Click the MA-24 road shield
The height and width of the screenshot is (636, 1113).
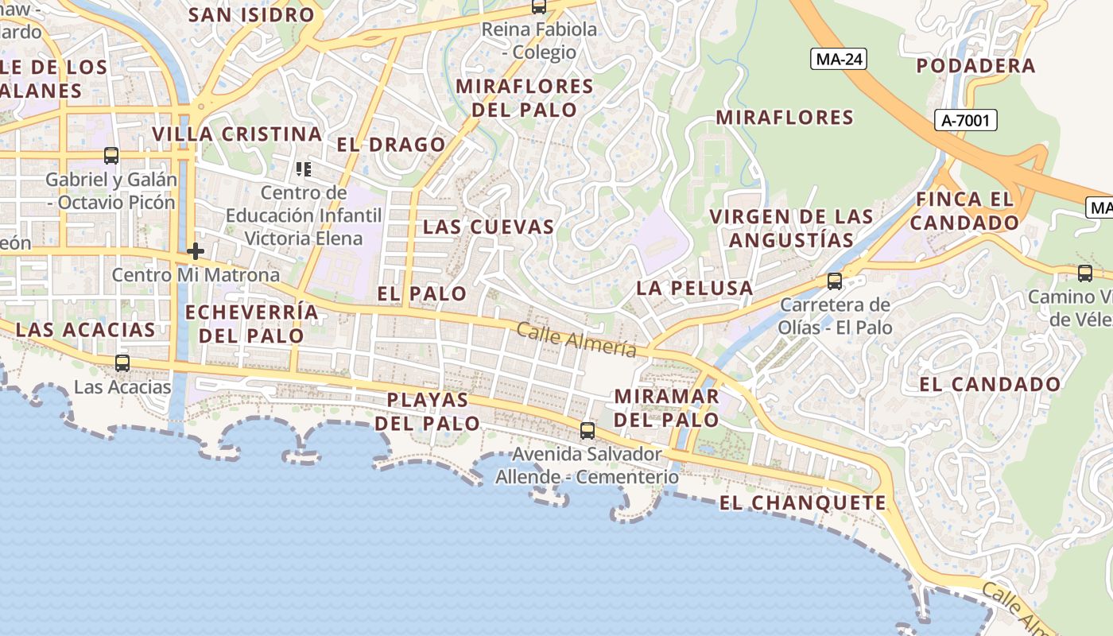pyautogui.click(x=839, y=59)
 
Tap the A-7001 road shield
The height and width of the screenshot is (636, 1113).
pyautogui.click(x=966, y=121)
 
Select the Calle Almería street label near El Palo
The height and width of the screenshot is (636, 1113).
pyautogui.click(x=576, y=339)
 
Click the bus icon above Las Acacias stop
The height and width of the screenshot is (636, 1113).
pyautogui.click(x=122, y=363)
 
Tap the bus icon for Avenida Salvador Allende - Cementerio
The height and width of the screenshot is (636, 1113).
pyautogui.click(x=588, y=431)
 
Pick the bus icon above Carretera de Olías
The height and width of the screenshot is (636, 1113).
pyautogui.click(x=834, y=281)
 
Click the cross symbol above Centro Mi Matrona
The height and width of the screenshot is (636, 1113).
pyautogui.click(x=196, y=252)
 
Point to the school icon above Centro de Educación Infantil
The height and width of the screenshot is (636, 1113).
pyautogui.click(x=303, y=169)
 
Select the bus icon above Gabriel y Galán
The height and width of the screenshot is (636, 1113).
pyautogui.click(x=111, y=156)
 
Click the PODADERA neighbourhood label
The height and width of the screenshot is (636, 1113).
pyautogui.click(x=976, y=66)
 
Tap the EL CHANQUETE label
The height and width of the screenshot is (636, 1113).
pyautogui.click(x=803, y=502)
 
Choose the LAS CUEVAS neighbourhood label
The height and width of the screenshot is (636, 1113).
pyautogui.click(x=488, y=227)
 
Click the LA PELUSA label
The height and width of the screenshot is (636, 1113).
pyautogui.click(x=694, y=288)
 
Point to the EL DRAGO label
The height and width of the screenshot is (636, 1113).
pyautogui.click(x=391, y=145)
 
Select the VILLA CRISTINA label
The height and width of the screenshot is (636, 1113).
pyautogui.click(x=237, y=134)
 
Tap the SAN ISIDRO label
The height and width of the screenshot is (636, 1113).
pyautogui.click(x=252, y=15)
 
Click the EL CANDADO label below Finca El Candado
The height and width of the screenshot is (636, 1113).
pyautogui.click(x=990, y=385)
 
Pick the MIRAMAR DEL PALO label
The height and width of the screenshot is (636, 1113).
pyautogui.click(x=666, y=407)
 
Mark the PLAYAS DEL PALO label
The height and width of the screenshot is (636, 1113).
pyautogui.click(x=428, y=411)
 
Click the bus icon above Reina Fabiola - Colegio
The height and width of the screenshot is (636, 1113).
pyautogui.click(x=539, y=7)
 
